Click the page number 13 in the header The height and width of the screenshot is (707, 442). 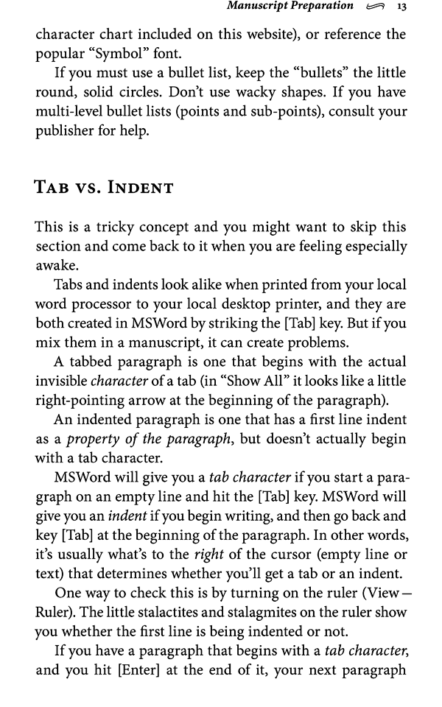pos(402,7)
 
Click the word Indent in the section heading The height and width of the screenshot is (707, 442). pos(141,187)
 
